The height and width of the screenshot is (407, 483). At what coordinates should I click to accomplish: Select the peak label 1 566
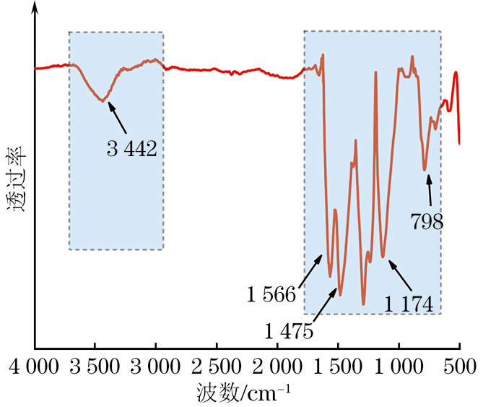tap(271, 295)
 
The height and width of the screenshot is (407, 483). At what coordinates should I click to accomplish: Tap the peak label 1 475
tap(289, 332)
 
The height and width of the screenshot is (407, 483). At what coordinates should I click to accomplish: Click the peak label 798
tap(427, 221)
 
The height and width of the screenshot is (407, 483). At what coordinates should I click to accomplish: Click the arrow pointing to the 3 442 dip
tap(121, 118)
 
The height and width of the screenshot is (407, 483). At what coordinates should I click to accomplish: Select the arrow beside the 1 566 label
tap(310, 269)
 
